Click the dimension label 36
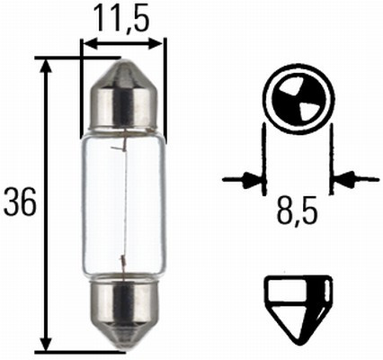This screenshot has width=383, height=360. (x=19, y=204)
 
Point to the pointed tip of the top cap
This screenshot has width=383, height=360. (x=123, y=60)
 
